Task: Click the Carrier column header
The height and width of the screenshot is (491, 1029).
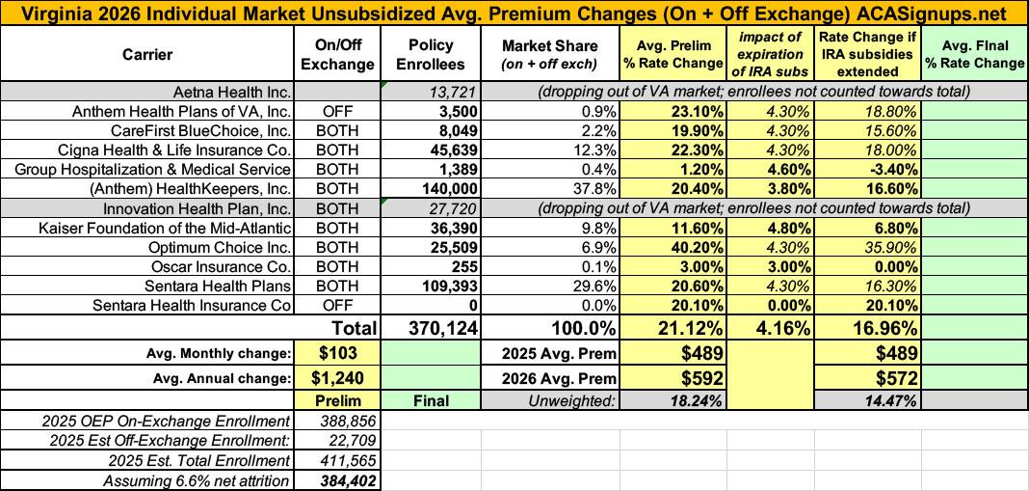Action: [x=147, y=55]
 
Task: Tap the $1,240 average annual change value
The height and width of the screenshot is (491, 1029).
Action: [x=339, y=377]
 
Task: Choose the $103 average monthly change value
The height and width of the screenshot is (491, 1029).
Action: [x=339, y=352]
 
